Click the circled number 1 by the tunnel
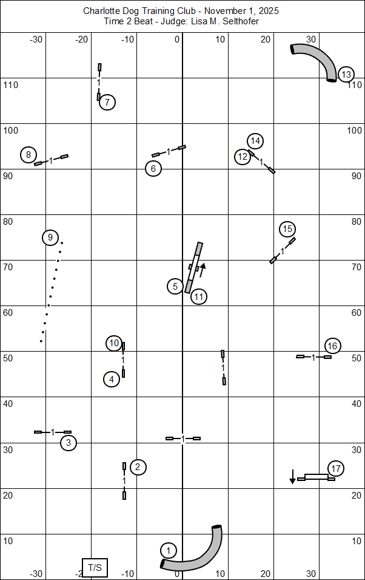pyautogui.click(x=169, y=550)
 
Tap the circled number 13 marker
pyautogui.click(x=346, y=75)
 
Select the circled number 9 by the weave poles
pyautogui.click(x=50, y=237)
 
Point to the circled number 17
pyautogui.click(x=336, y=468)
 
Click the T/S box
pyautogui.click(x=95, y=567)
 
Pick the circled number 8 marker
pyautogui.click(x=28, y=155)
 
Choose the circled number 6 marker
pyautogui.click(x=153, y=168)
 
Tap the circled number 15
pyautogui.click(x=288, y=229)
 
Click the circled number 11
pyautogui.click(x=199, y=296)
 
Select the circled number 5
pyautogui.click(x=175, y=285)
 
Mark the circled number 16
pyautogui.click(x=332, y=346)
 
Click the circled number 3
pyautogui.click(x=69, y=443)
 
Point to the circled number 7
pyautogui.click(x=107, y=102)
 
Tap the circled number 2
pyautogui.click(x=138, y=467)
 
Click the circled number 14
pyautogui.click(x=256, y=141)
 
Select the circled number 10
pyautogui.click(x=114, y=343)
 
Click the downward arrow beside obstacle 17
pyautogui.click(x=292, y=477)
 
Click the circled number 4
pyautogui.click(x=112, y=380)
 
